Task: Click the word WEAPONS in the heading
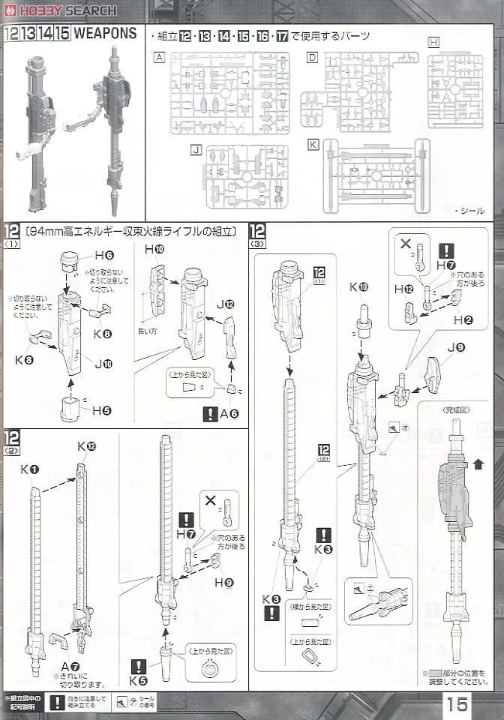(x=105, y=34)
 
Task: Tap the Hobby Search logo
(x=60, y=10)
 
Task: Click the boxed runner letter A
(x=158, y=57)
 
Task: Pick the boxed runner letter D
(x=312, y=57)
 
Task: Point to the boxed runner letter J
(x=196, y=150)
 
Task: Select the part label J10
(x=103, y=364)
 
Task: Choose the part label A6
(x=229, y=413)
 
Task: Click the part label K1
(x=30, y=469)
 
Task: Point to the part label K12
(x=87, y=446)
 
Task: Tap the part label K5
(x=138, y=681)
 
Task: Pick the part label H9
(x=223, y=582)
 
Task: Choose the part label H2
(x=463, y=320)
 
